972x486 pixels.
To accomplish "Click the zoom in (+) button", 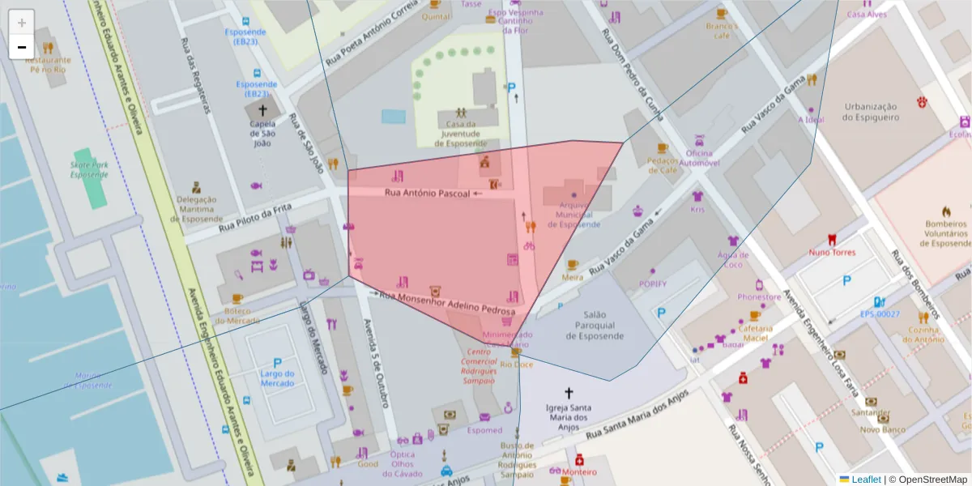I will click(22, 22).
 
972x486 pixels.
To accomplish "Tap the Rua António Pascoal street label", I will click(426, 194).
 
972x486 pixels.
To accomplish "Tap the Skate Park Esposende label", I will click(89, 170).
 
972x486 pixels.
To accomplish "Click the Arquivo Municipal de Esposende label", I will click(573, 215).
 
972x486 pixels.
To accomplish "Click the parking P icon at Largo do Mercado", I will click(277, 364).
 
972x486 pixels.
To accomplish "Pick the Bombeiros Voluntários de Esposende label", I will click(947, 233).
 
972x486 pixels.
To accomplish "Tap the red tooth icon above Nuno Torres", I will click(830, 239).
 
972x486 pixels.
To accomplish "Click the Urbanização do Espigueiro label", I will click(871, 112).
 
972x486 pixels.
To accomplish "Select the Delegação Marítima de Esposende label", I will click(199, 209).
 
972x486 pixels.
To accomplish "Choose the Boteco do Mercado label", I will click(237, 315).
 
